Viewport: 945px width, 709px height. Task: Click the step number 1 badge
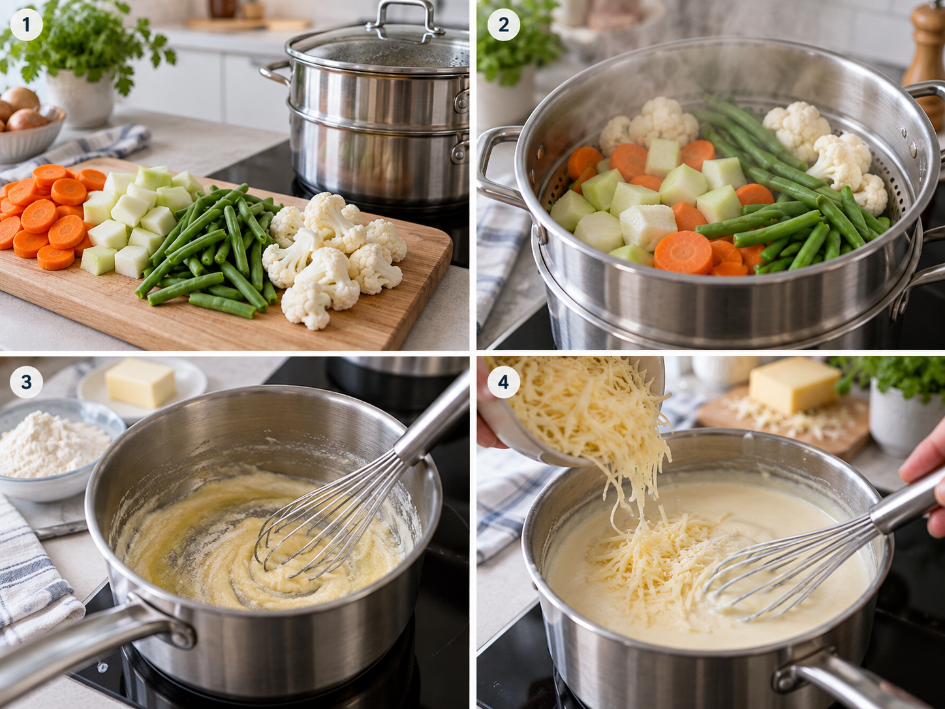point(26,25)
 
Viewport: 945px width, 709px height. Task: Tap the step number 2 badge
point(503,25)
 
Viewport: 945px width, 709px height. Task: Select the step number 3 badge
point(26,381)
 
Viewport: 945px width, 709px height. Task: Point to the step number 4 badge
point(503,381)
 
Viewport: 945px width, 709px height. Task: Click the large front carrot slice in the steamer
point(683,252)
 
